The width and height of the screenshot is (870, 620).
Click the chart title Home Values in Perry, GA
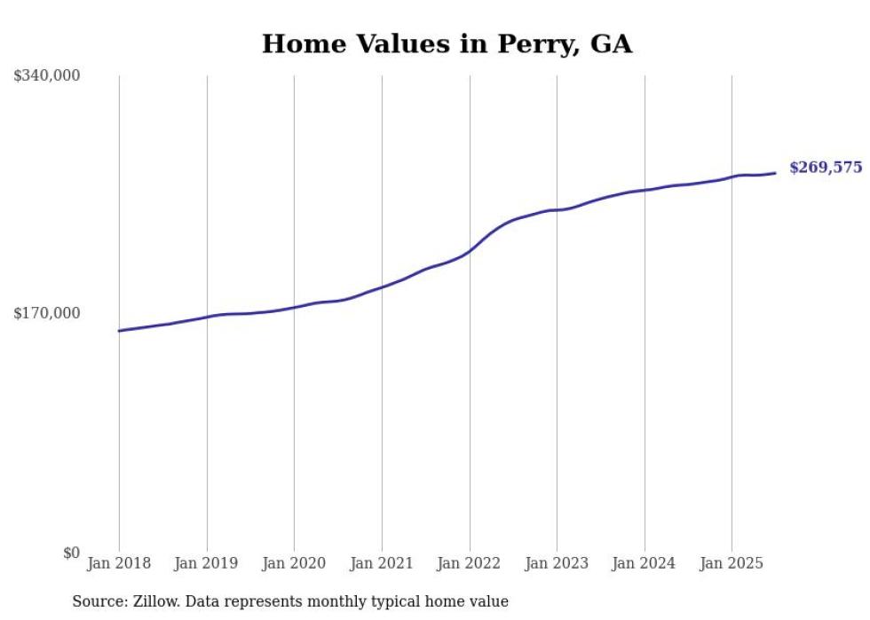point(447,44)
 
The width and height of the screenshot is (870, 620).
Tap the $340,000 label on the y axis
point(47,76)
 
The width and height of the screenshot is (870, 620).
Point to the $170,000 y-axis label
point(47,312)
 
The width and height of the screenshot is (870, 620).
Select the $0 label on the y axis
point(71,553)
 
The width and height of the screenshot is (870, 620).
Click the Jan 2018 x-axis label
point(119,563)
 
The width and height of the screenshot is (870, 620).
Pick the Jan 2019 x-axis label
point(207,563)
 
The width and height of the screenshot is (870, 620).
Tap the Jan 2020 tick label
point(294,563)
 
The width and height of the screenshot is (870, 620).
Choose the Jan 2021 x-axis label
point(382,563)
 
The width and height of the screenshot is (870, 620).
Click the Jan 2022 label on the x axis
point(470,563)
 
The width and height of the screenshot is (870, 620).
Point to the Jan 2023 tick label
point(557,563)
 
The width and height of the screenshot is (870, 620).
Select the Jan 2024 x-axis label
point(645,563)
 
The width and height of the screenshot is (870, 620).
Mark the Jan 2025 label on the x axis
point(732,563)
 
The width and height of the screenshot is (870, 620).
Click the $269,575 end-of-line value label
point(826,168)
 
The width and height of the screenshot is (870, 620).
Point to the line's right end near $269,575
point(775,173)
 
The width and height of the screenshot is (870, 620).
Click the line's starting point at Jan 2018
point(119,331)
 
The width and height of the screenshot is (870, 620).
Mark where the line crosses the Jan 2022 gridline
point(470,251)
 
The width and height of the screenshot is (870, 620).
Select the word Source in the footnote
point(98,601)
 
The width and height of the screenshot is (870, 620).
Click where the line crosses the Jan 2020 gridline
point(294,307)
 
